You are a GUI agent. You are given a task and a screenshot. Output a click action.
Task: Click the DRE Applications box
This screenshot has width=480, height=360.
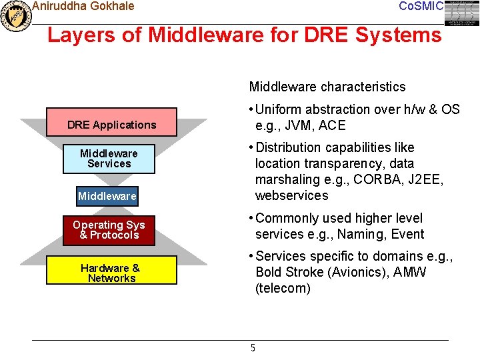(111, 125)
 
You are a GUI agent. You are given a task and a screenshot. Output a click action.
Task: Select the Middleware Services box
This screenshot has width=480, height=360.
(109, 159)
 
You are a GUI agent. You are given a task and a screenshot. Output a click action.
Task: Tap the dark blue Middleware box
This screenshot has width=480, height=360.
(107, 196)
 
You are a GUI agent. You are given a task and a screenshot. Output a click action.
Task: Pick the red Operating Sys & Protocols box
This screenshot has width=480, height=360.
(109, 230)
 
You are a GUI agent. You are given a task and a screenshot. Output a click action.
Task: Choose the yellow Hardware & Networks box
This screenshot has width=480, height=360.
(111, 273)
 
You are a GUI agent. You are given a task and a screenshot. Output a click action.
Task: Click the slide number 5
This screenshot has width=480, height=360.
(253, 347)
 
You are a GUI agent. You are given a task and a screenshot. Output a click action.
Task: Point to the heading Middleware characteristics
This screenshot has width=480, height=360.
(327, 87)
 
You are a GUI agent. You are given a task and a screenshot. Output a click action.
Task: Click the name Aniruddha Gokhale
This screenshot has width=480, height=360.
(83, 6)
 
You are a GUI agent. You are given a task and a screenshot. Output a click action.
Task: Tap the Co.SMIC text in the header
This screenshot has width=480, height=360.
(420, 6)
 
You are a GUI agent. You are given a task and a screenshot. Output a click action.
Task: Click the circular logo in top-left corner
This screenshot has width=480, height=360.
(15, 15)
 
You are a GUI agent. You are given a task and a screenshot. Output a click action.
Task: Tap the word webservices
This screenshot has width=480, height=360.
(292, 195)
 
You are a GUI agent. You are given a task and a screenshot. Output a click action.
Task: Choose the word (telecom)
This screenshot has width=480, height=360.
(283, 288)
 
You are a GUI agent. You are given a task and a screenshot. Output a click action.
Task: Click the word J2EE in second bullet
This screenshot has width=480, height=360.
(427, 179)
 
